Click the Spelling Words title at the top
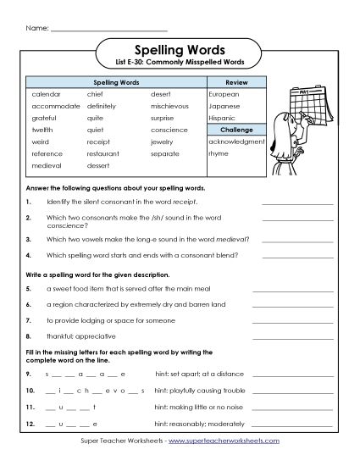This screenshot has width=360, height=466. click(x=180, y=50)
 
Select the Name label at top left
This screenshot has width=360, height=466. click(x=36, y=29)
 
